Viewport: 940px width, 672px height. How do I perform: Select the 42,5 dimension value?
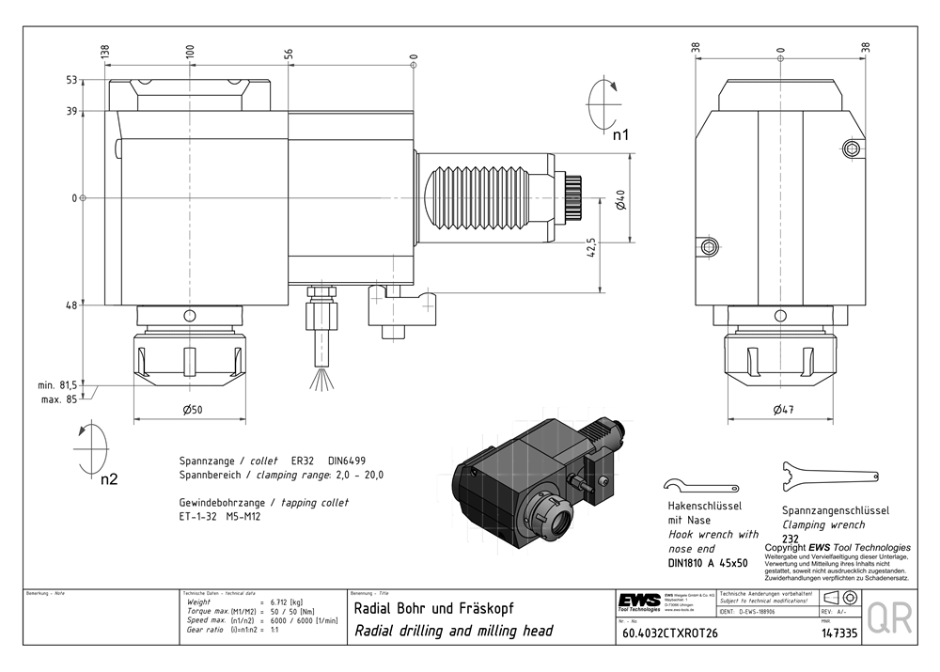[x=590, y=247]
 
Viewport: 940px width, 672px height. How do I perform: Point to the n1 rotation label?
[x=620, y=135]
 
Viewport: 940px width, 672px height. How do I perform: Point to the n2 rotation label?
[x=110, y=478]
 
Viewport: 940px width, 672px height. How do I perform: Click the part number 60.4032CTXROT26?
[x=670, y=633]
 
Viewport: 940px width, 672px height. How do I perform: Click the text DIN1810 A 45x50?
[x=708, y=562]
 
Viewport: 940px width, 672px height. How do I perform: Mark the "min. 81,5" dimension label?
[x=56, y=385]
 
